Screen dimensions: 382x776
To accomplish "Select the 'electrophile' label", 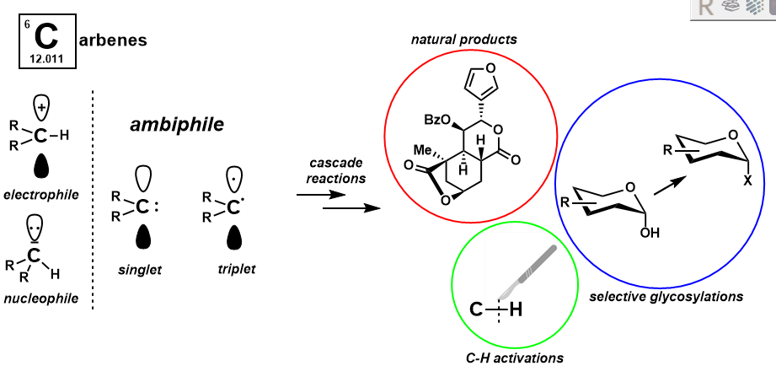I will [41, 195].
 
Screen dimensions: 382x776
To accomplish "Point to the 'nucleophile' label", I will [40, 298].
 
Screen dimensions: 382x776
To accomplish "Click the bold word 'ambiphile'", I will [177, 126].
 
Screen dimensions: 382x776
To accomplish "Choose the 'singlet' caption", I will [139, 270].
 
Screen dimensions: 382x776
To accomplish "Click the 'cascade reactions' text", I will [336, 170].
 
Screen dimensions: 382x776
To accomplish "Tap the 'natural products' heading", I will [463, 40].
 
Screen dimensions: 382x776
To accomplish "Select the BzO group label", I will [436, 119].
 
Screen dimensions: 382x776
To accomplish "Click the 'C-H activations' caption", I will [514, 358].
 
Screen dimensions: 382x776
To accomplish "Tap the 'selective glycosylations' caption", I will [666, 296].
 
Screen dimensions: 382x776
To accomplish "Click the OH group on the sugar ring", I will [650, 233].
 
